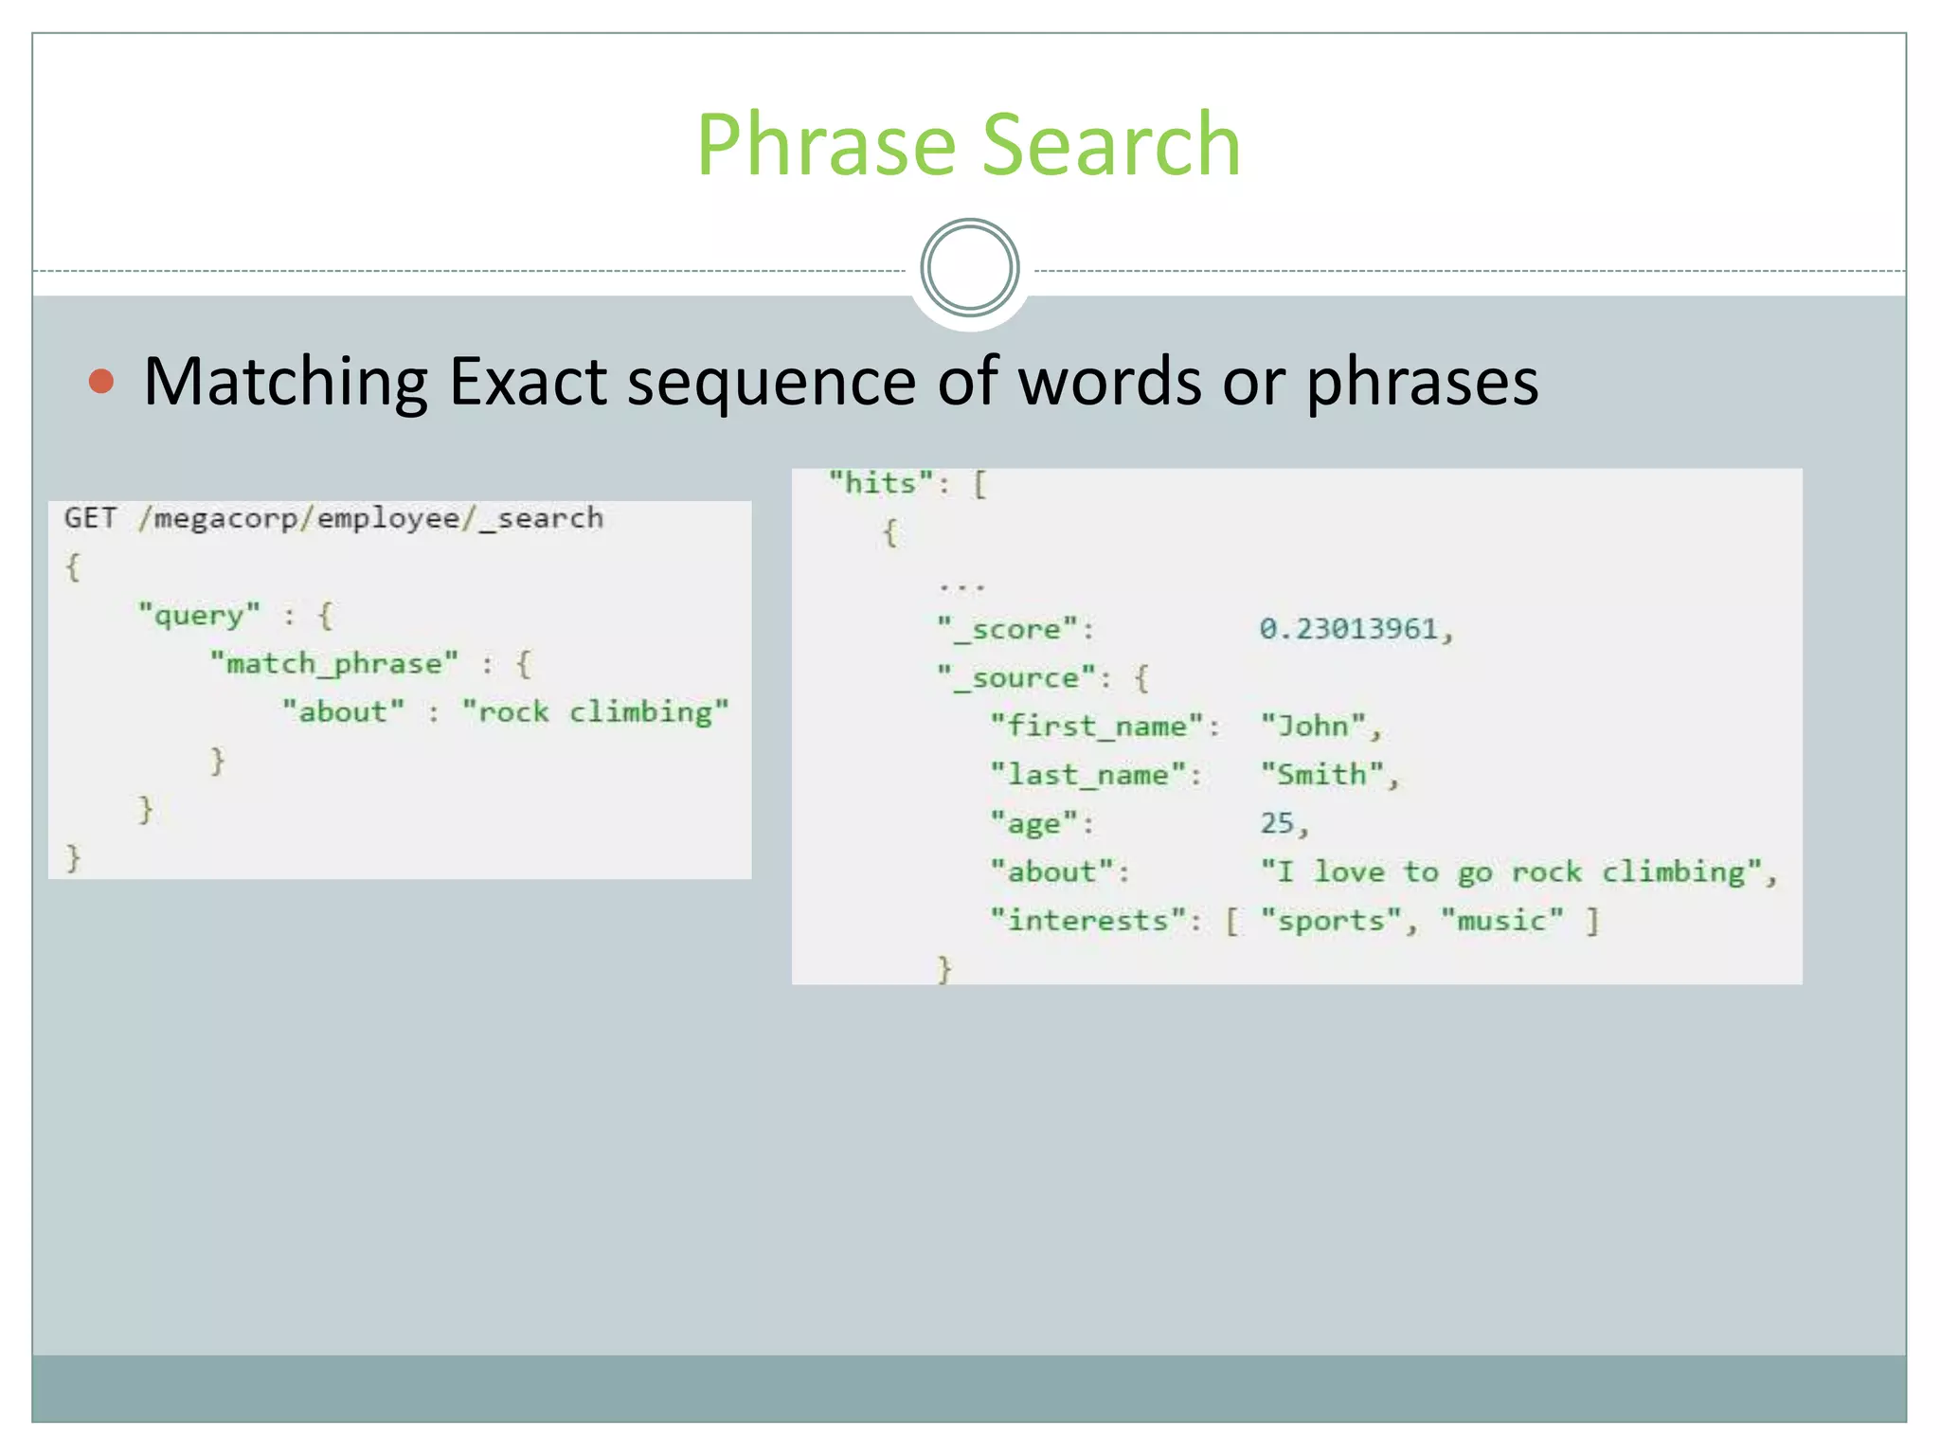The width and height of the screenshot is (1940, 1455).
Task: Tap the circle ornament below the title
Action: click(969, 268)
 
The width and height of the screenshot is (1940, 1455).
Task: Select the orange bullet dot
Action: click(101, 382)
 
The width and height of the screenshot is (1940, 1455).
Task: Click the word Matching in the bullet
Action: click(285, 382)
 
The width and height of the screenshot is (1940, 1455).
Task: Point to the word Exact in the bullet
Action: click(527, 382)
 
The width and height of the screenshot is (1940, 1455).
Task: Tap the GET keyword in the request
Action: click(91, 518)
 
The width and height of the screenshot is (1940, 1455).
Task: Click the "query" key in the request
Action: click(199, 616)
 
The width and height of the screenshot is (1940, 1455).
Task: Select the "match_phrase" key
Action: click(334, 664)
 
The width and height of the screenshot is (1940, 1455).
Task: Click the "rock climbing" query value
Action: click(596, 712)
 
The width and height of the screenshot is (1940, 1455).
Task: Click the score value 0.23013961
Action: click(1349, 629)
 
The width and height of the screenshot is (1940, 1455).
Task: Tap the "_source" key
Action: click(1016, 678)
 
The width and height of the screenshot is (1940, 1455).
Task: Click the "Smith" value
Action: click(1321, 775)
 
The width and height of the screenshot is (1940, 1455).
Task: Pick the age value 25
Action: click(1277, 823)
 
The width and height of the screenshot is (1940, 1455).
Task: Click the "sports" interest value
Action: click(1331, 921)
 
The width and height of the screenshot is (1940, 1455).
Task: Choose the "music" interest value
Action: click(1501, 921)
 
